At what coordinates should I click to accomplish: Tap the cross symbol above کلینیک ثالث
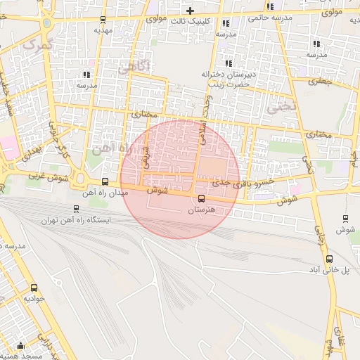[x=190, y=11]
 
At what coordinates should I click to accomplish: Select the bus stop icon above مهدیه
[x=103, y=20]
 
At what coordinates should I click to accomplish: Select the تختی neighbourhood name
[x=278, y=107]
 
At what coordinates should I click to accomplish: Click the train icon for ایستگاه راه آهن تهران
[x=76, y=208]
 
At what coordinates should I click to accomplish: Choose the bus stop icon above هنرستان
[x=202, y=199]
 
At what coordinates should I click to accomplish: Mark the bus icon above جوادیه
[x=34, y=288]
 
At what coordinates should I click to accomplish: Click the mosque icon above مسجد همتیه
[x=20, y=346]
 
